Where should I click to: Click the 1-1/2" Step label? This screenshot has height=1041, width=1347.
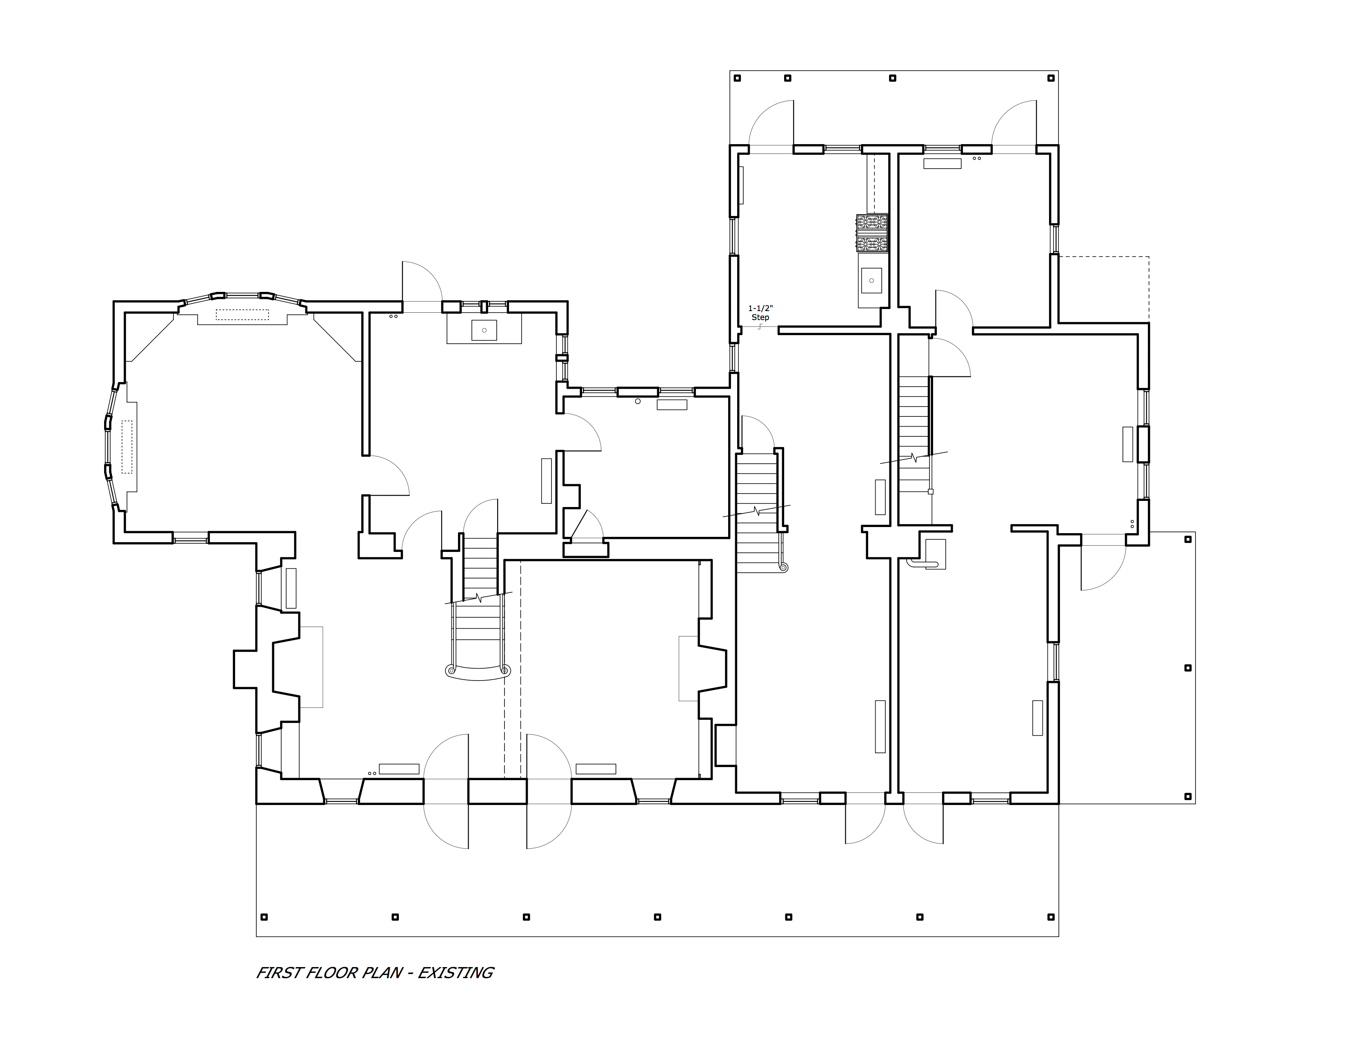(760, 313)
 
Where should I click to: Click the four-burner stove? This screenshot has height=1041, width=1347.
(872, 233)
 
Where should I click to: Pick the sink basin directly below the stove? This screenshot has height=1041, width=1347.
(871, 280)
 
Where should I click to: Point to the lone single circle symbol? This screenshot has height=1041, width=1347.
(638, 401)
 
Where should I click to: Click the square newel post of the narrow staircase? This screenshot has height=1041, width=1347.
(931, 492)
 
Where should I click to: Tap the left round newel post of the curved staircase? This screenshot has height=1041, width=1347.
(451, 670)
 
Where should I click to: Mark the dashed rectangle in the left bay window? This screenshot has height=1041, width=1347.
(127, 447)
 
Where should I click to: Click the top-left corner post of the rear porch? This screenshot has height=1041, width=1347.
(737, 78)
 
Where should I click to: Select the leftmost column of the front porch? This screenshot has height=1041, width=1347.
(265, 917)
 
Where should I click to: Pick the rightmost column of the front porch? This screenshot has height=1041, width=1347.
(1051, 917)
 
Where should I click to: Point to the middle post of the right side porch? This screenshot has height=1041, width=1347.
(1188, 668)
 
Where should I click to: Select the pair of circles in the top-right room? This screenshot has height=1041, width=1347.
(976, 158)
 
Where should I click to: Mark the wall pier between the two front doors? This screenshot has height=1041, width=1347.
(497, 791)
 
